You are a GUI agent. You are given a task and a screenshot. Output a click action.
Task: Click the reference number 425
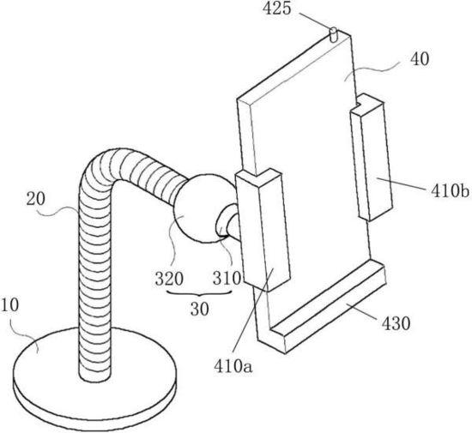(x=277, y=9)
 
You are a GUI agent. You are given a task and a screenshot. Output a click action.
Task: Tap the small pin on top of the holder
(x=334, y=35)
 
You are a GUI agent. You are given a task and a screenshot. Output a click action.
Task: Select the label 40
(x=420, y=59)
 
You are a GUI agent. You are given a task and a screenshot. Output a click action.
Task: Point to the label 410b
(x=450, y=190)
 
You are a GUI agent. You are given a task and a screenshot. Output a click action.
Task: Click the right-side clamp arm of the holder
(x=372, y=157)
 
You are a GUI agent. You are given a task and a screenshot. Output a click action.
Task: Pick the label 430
(x=396, y=324)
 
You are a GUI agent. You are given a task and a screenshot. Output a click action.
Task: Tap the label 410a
(x=233, y=366)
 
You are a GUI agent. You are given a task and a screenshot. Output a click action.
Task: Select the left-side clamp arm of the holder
(x=263, y=230)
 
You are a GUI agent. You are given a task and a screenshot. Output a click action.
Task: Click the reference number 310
(x=227, y=278)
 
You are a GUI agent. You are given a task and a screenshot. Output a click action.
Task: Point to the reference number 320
(x=169, y=279)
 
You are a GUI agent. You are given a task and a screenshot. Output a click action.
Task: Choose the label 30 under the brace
(x=199, y=308)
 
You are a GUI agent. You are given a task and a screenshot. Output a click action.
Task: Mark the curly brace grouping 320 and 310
(x=199, y=293)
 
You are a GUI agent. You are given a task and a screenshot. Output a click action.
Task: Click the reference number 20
(x=35, y=199)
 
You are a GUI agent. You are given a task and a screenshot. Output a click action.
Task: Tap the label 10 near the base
(x=9, y=304)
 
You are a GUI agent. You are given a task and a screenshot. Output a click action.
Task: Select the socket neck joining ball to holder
(x=228, y=222)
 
